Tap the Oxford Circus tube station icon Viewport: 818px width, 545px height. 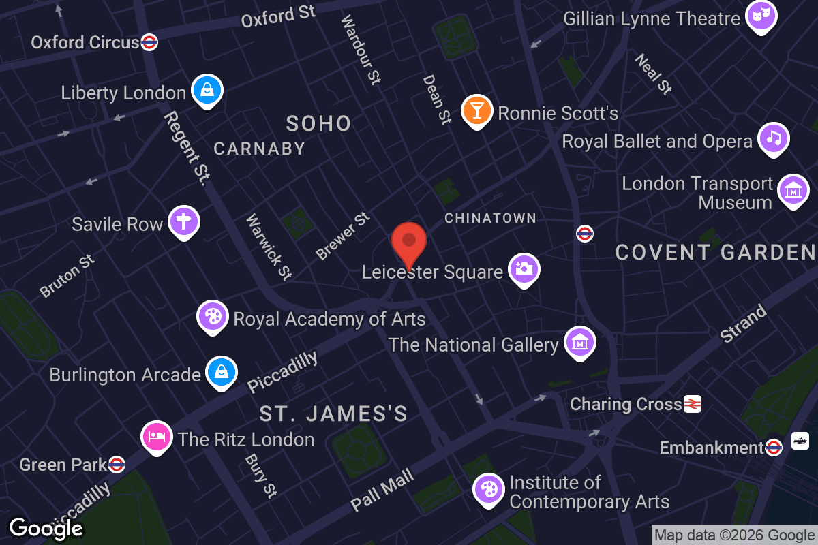tap(150, 42)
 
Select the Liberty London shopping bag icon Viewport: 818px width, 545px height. tap(206, 90)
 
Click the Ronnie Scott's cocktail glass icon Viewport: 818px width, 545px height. tap(477, 110)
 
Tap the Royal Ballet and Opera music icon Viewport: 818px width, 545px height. tap(774, 138)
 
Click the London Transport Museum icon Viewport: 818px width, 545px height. tap(793, 191)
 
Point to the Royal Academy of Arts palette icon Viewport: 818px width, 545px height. tap(213, 316)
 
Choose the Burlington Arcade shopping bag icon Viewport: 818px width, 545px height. tap(222, 372)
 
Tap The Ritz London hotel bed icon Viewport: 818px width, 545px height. tap(157, 436)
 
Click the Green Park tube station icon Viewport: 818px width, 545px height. tap(117, 465)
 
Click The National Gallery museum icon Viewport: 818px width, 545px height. tap(580, 343)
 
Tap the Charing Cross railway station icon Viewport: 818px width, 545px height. tap(693, 404)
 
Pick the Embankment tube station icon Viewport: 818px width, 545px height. tap(773, 448)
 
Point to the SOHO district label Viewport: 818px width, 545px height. tap(318, 123)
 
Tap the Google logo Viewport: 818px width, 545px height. tap(46, 528)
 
